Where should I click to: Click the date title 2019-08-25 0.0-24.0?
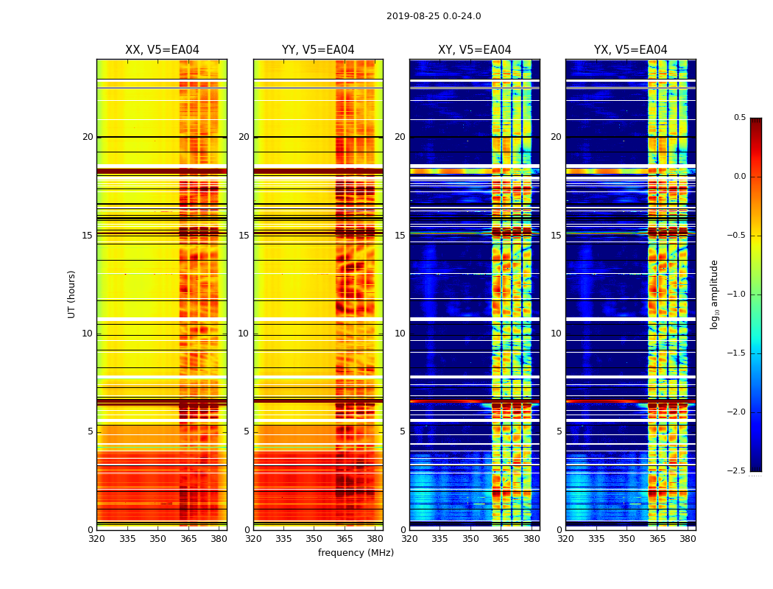click(434, 16)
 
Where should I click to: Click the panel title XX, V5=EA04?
click(162, 50)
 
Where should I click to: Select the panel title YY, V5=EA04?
click(318, 50)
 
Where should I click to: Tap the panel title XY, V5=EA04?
click(474, 50)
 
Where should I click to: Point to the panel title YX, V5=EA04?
click(630, 50)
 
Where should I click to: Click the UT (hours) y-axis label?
click(71, 294)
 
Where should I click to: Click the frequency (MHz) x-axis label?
click(356, 553)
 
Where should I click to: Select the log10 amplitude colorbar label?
click(714, 294)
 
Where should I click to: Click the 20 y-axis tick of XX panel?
click(88, 137)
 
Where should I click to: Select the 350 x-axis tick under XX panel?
click(158, 539)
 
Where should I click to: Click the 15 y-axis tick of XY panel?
click(400, 236)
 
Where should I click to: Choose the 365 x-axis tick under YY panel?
click(345, 539)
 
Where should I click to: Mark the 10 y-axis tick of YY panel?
click(244, 334)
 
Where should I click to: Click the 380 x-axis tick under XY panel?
click(532, 539)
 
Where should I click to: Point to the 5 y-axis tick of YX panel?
click(560, 431)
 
